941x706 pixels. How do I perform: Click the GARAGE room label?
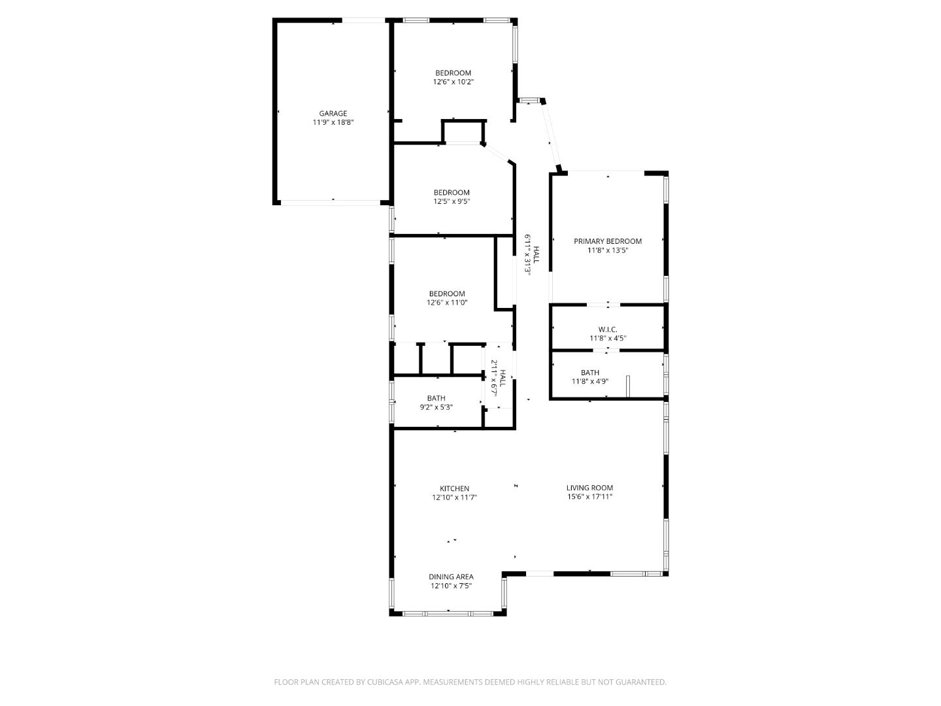[x=333, y=113]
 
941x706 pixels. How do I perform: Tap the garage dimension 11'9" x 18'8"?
[x=333, y=122]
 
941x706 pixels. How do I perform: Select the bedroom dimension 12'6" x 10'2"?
[x=453, y=82]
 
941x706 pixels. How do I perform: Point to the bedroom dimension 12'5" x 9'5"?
[x=452, y=201]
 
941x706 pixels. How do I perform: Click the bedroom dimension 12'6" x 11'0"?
[x=447, y=303]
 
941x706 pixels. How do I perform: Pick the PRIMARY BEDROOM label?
[x=608, y=241]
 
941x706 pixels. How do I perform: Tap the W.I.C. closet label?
[x=608, y=329]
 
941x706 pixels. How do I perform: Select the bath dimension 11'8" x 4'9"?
[x=590, y=381]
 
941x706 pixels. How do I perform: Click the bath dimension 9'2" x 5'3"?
[x=437, y=407]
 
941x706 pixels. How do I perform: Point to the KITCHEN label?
[x=454, y=488]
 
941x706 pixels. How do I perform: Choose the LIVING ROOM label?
[x=589, y=488]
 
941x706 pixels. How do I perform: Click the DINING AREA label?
[x=451, y=577]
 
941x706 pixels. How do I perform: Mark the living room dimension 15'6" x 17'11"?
[x=589, y=497]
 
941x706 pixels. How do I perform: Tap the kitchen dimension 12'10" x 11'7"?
[x=454, y=497]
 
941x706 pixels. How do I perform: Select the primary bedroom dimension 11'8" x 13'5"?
[x=608, y=250]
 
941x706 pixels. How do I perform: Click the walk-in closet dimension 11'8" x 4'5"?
[x=608, y=339]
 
